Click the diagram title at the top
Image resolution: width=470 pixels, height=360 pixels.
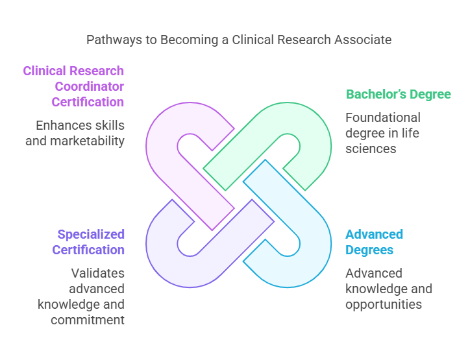(239, 40)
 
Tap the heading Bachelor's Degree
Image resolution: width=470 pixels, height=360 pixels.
(398, 95)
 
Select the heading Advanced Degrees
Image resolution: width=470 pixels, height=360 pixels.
(374, 242)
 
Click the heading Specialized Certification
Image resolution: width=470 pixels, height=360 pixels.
(91, 242)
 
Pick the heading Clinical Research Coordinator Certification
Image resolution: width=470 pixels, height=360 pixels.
(73, 86)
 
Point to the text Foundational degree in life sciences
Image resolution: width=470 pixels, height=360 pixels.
(383, 133)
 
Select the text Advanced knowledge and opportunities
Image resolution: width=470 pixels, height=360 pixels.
(388, 289)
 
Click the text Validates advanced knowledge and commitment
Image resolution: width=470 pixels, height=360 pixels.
(81, 296)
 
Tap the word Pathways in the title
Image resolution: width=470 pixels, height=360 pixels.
(114, 40)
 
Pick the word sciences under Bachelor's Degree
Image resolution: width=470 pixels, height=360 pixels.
(371, 149)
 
